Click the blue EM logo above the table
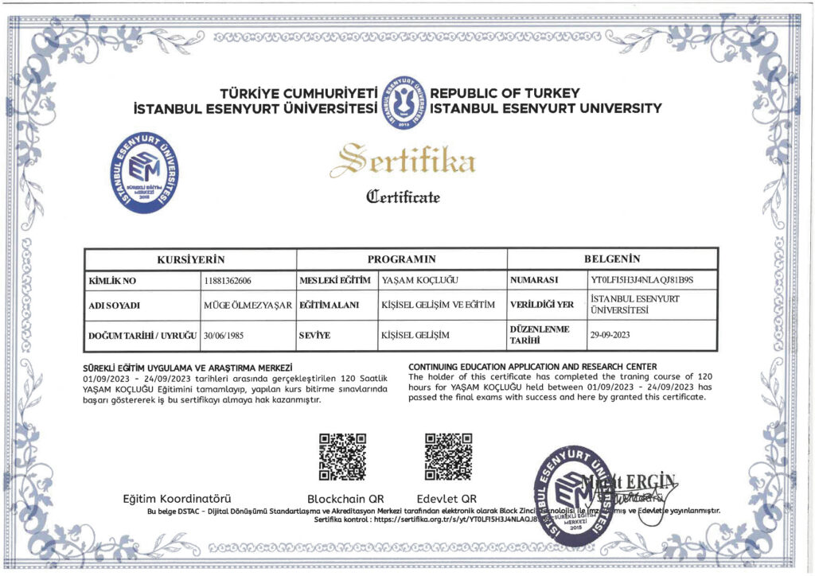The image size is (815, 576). point(144,173)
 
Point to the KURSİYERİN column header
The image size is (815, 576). point(191,259)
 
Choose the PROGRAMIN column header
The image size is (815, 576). point(402,259)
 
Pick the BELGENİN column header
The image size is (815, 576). point(613,259)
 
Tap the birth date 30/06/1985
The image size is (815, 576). point(222,335)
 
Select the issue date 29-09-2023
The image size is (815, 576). point(610,335)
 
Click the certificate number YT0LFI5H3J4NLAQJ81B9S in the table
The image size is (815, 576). point(643,281)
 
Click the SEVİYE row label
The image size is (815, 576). point(314,335)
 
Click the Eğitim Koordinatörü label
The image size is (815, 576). point(177,498)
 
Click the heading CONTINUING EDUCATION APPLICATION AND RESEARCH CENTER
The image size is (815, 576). point(532,366)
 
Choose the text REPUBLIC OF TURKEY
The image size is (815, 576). point(505,93)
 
